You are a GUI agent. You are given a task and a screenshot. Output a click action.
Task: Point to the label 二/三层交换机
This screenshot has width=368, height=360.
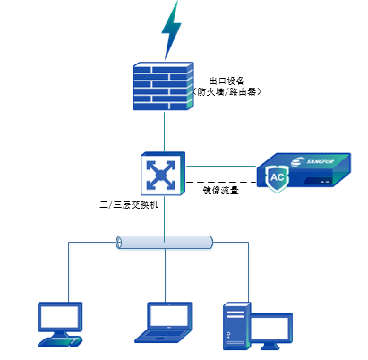pos(128,205)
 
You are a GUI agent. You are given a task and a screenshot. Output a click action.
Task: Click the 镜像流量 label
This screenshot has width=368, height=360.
pos(220,189)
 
